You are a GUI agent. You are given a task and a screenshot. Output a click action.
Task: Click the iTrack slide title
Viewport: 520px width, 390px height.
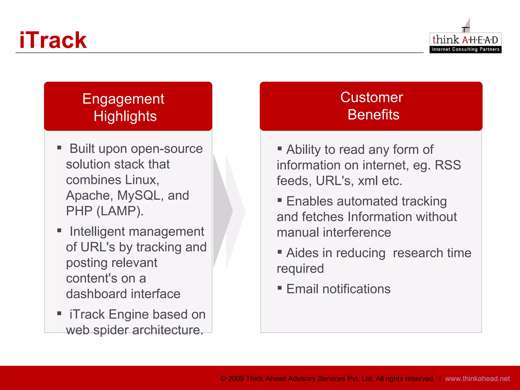click(x=53, y=40)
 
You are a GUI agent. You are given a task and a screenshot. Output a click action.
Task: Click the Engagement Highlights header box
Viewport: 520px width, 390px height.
click(x=128, y=107)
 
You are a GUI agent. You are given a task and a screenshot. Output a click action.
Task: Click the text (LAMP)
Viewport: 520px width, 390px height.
click(x=120, y=211)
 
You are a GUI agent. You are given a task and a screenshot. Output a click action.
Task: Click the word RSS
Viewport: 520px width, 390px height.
click(x=448, y=165)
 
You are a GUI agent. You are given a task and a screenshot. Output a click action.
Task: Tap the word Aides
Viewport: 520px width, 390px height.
click(x=302, y=253)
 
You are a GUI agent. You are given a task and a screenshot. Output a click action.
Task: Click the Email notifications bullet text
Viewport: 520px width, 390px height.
click(x=338, y=289)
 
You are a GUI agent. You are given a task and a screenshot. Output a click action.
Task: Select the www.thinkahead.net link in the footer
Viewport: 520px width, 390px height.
click(x=477, y=379)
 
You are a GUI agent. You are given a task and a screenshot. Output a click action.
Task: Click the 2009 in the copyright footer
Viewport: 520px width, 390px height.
click(x=236, y=379)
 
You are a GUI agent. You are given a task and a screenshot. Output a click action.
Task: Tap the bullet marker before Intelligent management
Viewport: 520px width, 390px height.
click(x=59, y=231)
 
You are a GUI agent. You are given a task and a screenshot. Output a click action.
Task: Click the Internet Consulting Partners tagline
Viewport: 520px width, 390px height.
click(x=465, y=49)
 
